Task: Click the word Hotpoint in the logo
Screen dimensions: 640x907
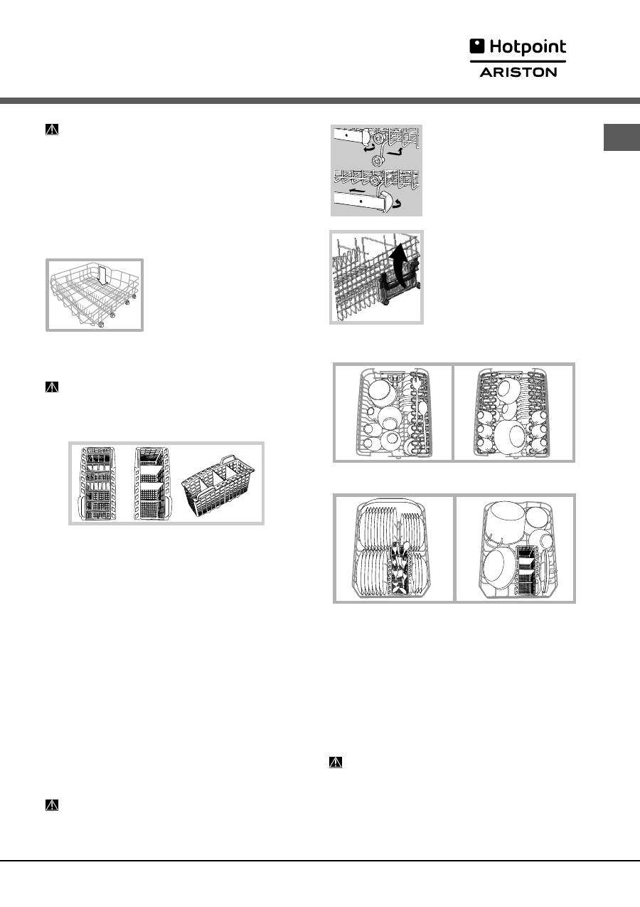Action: coord(528,47)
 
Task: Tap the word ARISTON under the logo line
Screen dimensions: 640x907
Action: coord(518,73)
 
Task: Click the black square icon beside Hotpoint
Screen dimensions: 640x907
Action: coord(477,46)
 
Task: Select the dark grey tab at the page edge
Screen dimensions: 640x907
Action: coord(622,137)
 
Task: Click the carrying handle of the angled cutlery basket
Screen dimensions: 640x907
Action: coord(228,461)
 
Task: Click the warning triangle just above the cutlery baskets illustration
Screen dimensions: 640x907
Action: coord(52,387)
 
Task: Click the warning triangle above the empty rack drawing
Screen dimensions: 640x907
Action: coord(52,129)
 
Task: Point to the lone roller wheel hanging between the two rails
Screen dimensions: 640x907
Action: coord(377,160)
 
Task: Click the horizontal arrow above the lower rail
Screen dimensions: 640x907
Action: coord(356,190)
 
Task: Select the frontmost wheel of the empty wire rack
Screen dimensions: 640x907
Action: coord(101,323)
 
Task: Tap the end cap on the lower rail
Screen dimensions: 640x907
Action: coord(388,201)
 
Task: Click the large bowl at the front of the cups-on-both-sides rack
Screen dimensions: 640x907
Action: coord(511,437)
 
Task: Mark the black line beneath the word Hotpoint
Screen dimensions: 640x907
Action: coord(518,61)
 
